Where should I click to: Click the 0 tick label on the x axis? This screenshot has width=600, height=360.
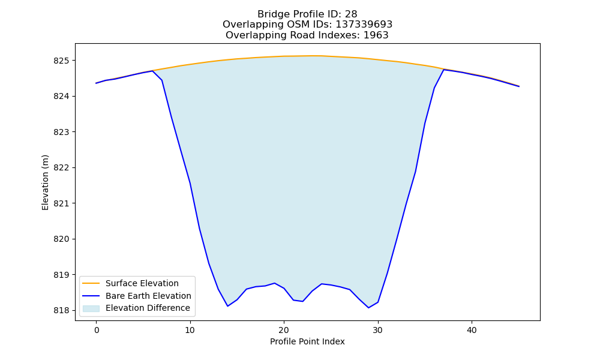coord(97,330)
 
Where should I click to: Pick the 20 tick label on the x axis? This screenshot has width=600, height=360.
coord(284,330)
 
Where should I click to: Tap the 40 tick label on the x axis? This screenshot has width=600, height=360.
coord(472,330)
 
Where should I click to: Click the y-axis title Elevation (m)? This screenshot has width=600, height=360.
coord(45,182)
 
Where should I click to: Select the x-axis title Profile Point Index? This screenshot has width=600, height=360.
coord(307,341)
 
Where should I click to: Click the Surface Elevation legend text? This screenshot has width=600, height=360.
coord(142,283)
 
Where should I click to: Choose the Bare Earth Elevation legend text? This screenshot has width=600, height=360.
coord(148,296)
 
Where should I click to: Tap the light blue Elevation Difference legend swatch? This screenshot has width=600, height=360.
coord(91,308)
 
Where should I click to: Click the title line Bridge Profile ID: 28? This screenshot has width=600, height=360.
coord(307,14)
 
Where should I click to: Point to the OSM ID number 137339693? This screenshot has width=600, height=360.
coord(364,25)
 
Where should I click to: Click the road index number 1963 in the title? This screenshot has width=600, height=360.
coord(376,35)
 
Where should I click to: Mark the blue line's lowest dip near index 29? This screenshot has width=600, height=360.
coord(368,308)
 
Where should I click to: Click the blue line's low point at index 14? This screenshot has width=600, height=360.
coord(227,306)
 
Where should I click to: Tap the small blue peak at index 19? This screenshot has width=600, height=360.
coord(274,283)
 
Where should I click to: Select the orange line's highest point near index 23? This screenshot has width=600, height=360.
coord(312,56)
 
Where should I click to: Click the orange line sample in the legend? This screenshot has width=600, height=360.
coord(91,283)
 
